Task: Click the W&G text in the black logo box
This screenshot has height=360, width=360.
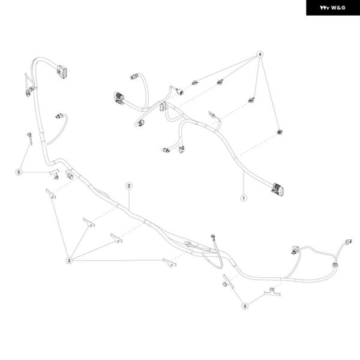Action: (338, 8)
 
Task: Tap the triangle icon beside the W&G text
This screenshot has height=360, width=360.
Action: (325, 8)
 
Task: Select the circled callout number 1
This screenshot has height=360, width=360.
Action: (244, 198)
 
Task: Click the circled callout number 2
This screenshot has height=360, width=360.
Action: (129, 186)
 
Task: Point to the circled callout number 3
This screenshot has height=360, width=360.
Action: (69, 260)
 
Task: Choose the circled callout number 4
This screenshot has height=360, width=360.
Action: (260, 55)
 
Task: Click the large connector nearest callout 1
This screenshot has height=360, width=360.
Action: (278, 190)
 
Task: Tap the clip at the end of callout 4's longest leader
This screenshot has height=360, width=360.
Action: (194, 83)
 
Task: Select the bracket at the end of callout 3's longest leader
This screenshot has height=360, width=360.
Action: (170, 263)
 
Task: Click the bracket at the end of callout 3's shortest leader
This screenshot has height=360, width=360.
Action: (89, 223)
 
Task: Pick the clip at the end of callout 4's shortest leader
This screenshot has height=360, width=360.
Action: (251, 100)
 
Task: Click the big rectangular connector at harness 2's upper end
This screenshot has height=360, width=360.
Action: (62, 71)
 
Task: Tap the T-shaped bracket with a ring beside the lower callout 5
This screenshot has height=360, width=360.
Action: (272, 292)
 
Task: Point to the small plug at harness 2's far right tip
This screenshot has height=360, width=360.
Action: (349, 242)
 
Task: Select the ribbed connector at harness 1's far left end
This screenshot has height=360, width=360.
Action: (119, 98)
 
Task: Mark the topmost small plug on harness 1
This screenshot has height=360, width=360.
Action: (134, 76)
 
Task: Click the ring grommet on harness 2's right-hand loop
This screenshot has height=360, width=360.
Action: (335, 265)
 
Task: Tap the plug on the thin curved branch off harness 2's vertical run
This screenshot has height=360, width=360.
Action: (59, 116)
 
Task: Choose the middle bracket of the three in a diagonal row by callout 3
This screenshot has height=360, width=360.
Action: (89, 223)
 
